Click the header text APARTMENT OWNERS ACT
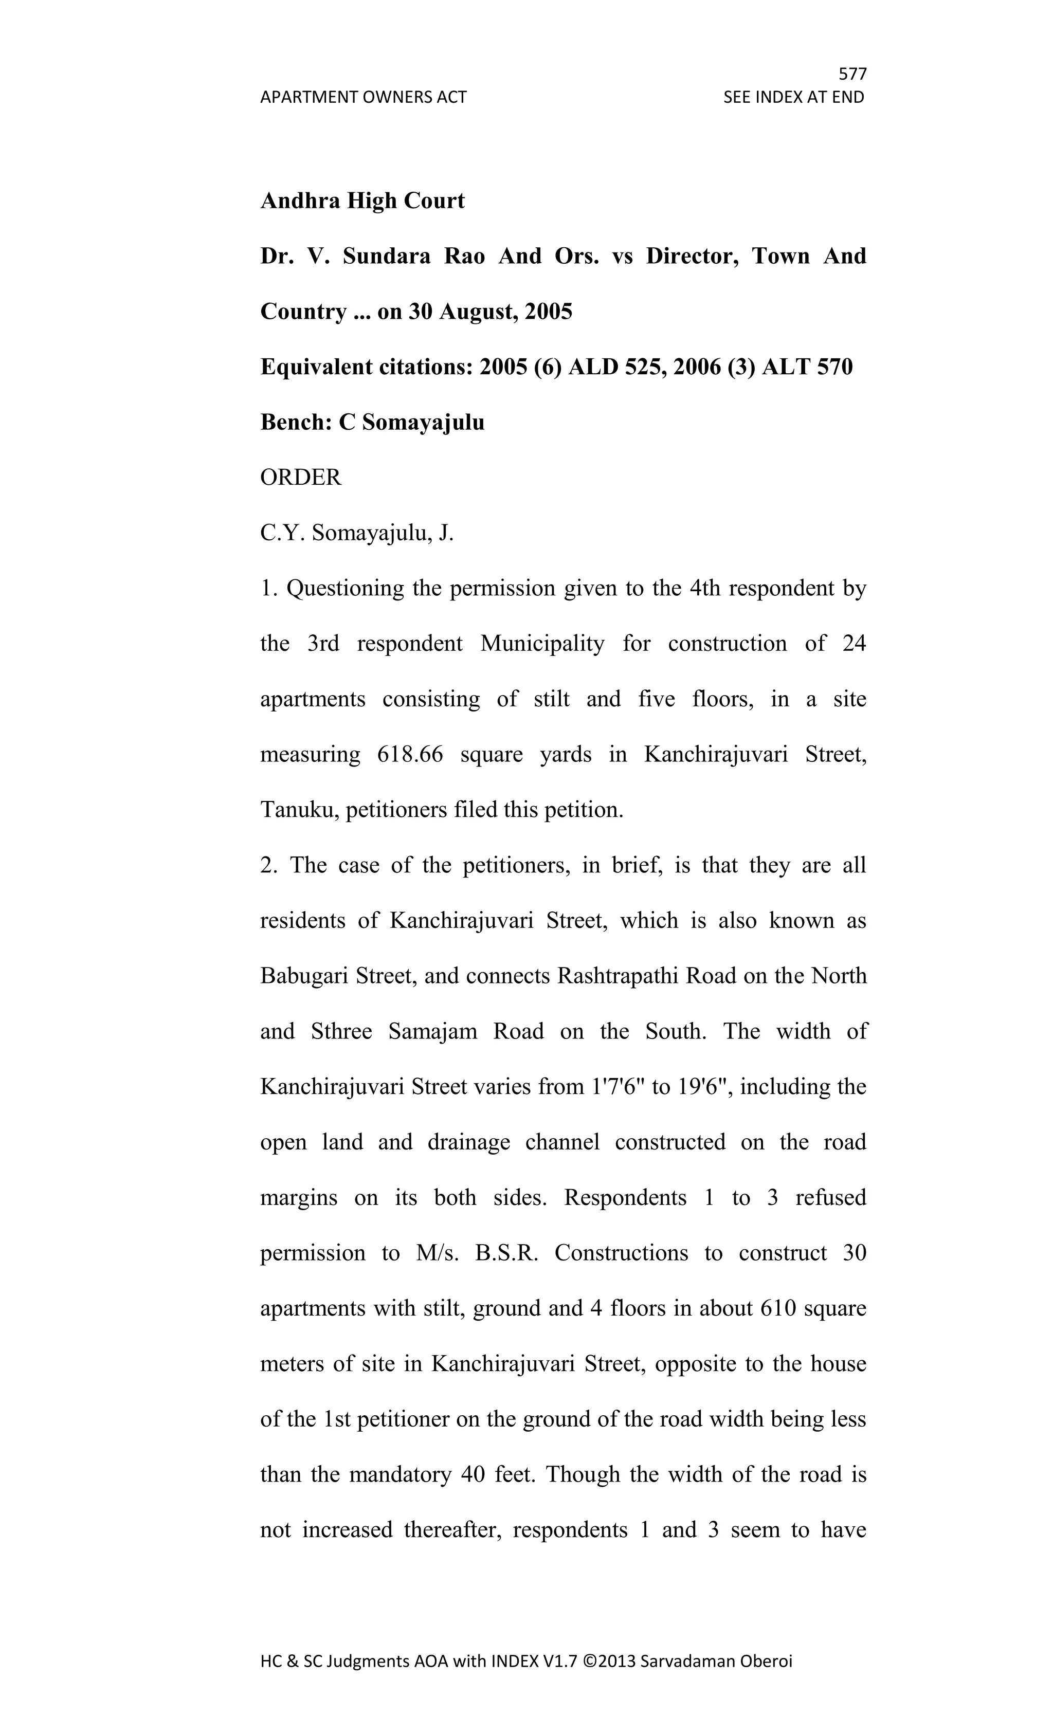[363, 97]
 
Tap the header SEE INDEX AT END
[793, 97]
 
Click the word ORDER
[301, 478]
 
